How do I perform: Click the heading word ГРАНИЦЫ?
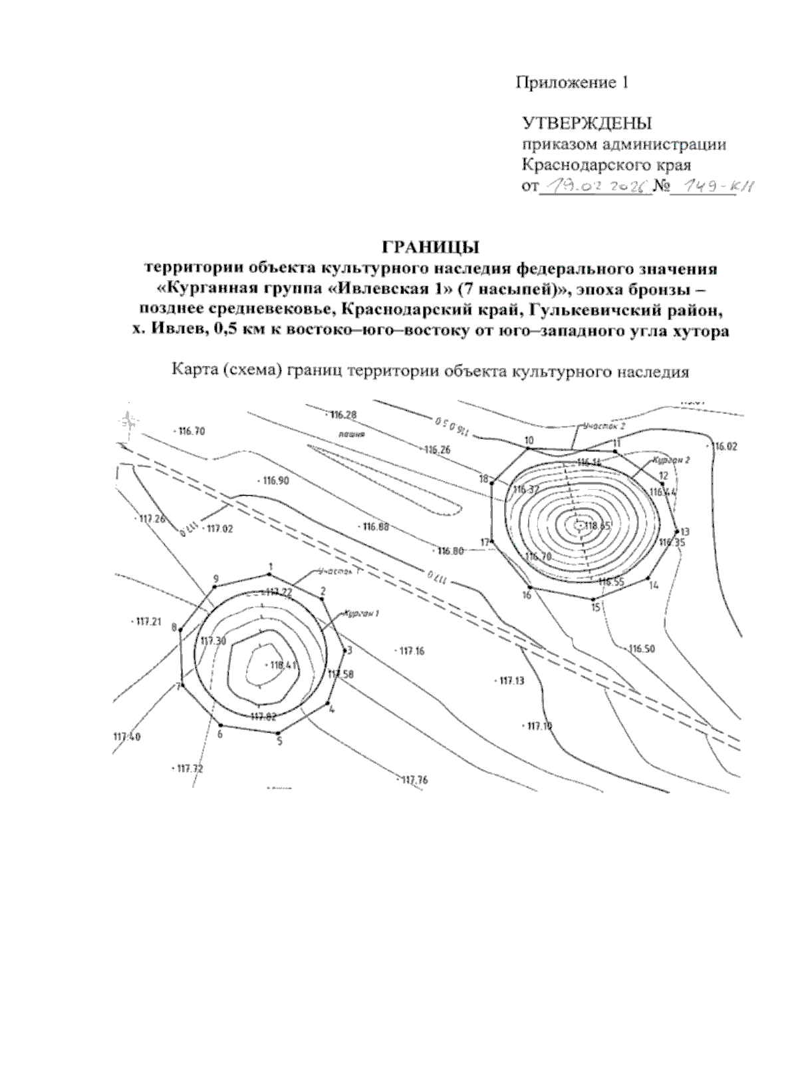(x=430, y=248)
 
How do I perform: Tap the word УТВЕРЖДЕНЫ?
(x=587, y=124)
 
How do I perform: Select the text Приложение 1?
(x=572, y=83)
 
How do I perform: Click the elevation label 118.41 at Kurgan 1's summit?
(x=283, y=665)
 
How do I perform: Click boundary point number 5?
(x=280, y=733)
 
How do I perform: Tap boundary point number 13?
(x=677, y=532)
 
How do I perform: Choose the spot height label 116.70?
(x=192, y=431)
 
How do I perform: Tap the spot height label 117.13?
(x=511, y=681)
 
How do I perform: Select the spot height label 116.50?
(x=641, y=649)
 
